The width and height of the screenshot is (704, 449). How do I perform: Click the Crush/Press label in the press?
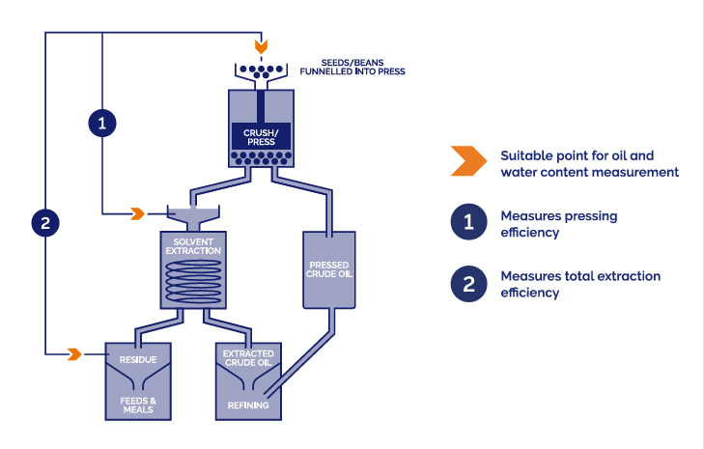tap(261, 136)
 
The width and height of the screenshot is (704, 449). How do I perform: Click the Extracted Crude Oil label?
tap(248, 359)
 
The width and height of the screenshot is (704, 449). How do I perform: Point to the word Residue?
tap(137, 360)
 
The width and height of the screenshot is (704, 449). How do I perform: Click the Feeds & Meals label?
tap(137, 405)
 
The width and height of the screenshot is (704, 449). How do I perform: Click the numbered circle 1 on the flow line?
tap(102, 122)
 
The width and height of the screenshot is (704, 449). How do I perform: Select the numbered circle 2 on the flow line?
tap(45, 224)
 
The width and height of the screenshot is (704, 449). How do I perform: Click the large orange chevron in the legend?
tap(466, 163)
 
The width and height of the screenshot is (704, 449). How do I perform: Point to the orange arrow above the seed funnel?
tap(260, 46)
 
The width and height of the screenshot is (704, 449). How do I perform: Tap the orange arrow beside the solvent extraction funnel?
tap(138, 212)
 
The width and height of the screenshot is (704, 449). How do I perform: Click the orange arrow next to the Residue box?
tap(74, 354)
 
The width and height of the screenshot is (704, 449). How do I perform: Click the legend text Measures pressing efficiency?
tap(558, 223)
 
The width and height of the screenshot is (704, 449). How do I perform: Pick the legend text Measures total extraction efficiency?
tap(579, 283)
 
